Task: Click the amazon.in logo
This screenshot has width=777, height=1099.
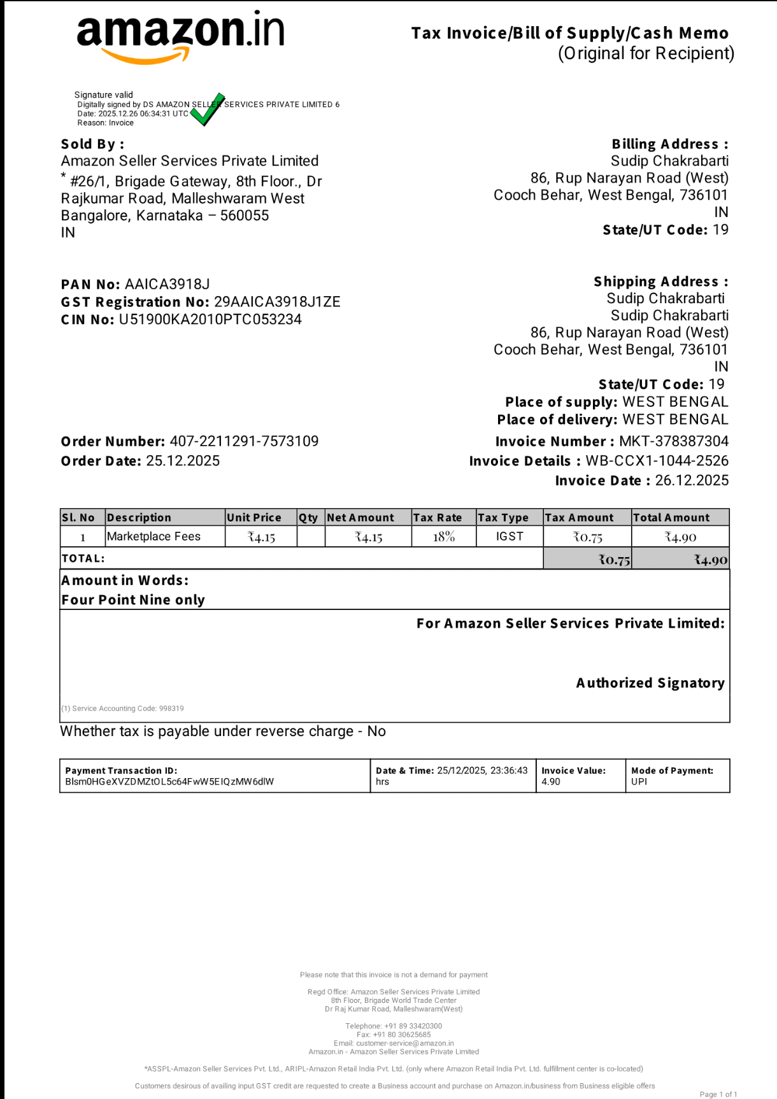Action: [x=180, y=36]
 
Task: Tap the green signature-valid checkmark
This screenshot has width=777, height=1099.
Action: [x=207, y=110]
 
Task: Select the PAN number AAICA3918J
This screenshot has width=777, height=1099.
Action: [x=168, y=284]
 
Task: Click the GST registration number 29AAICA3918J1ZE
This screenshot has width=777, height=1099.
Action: [x=277, y=302]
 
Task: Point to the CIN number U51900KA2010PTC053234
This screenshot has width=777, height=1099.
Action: [x=210, y=320]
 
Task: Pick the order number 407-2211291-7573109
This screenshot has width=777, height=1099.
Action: [x=244, y=441]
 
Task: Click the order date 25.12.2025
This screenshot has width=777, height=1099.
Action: [x=183, y=461]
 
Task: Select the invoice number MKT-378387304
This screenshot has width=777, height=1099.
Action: [x=674, y=441]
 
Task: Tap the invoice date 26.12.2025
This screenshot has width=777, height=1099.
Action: [x=692, y=481]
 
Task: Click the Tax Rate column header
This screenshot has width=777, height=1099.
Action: [x=438, y=518]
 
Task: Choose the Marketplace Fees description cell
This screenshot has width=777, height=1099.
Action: [x=154, y=537]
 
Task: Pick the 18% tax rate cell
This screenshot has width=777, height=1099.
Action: [x=444, y=537]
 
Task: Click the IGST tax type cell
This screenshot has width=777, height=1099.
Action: [x=510, y=537]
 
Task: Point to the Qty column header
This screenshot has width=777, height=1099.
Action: [x=309, y=518]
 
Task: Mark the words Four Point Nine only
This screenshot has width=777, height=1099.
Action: [x=133, y=600]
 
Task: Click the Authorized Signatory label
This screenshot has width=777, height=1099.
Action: [x=650, y=683]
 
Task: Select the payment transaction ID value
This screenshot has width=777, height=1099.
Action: [x=169, y=782]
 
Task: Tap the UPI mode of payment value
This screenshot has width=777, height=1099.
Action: [x=639, y=782]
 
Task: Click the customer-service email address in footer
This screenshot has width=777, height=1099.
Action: [x=405, y=1044]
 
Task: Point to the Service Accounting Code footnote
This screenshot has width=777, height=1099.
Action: [x=122, y=709]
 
